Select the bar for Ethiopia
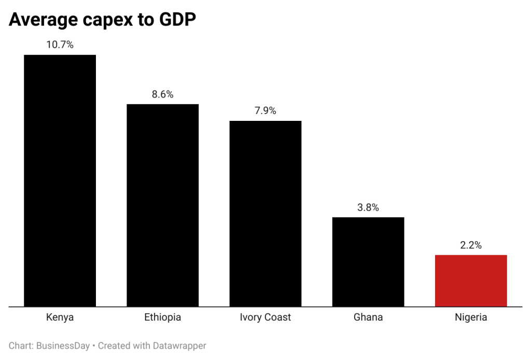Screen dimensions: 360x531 tap(162, 205)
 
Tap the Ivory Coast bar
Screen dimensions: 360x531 tap(265, 213)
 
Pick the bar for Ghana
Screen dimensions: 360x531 tap(368, 261)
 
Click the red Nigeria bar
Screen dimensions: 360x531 tap(470, 281)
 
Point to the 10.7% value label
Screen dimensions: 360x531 tap(60, 45)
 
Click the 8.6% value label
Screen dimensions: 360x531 tap(162, 94)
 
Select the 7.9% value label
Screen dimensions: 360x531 tap(265, 111)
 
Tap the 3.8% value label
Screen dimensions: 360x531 tap(368, 207)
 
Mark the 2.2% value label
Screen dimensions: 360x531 tap(470, 245)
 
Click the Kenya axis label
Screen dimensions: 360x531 tap(60, 317)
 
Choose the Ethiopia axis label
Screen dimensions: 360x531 tap(162, 317)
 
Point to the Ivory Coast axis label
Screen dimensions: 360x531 tap(265, 317)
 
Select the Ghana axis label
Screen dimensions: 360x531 tap(368, 317)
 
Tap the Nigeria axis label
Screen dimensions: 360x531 tap(470, 317)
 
